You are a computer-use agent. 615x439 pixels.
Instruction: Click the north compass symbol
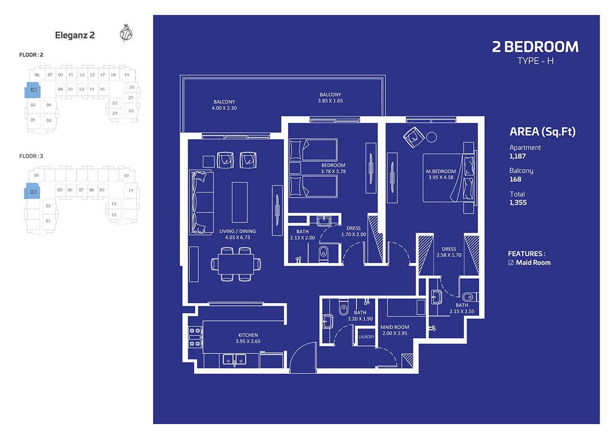(x=126, y=33)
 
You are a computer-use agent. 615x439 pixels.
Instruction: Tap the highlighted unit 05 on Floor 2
(x=33, y=90)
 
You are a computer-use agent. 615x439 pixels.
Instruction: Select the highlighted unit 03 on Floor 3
(x=32, y=191)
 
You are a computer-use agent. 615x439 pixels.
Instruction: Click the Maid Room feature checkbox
(x=510, y=263)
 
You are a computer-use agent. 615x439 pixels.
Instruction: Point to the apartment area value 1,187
(x=518, y=156)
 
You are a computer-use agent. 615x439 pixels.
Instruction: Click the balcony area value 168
(x=516, y=179)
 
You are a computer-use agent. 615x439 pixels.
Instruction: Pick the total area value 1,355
(x=518, y=202)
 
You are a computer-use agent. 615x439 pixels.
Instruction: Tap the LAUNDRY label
(x=366, y=337)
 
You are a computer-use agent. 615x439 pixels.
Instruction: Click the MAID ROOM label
(x=395, y=327)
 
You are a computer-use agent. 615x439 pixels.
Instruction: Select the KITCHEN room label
(x=248, y=335)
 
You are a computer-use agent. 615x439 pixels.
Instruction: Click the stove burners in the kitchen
(x=195, y=337)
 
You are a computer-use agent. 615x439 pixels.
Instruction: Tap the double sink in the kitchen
(x=234, y=360)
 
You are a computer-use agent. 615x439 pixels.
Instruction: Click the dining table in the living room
(x=236, y=264)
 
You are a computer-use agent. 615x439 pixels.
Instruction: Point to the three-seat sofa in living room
(x=201, y=202)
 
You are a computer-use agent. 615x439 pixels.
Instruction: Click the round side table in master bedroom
(x=432, y=137)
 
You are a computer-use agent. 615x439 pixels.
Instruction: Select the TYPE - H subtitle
(x=536, y=61)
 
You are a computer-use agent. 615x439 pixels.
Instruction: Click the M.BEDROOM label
(x=441, y=171)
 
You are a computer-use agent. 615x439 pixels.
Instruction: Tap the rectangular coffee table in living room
(x=240, y=202)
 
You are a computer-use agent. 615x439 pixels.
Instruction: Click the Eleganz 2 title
(x=75, y=35)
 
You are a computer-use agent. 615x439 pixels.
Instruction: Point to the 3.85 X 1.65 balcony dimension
(x=330, y=101)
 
